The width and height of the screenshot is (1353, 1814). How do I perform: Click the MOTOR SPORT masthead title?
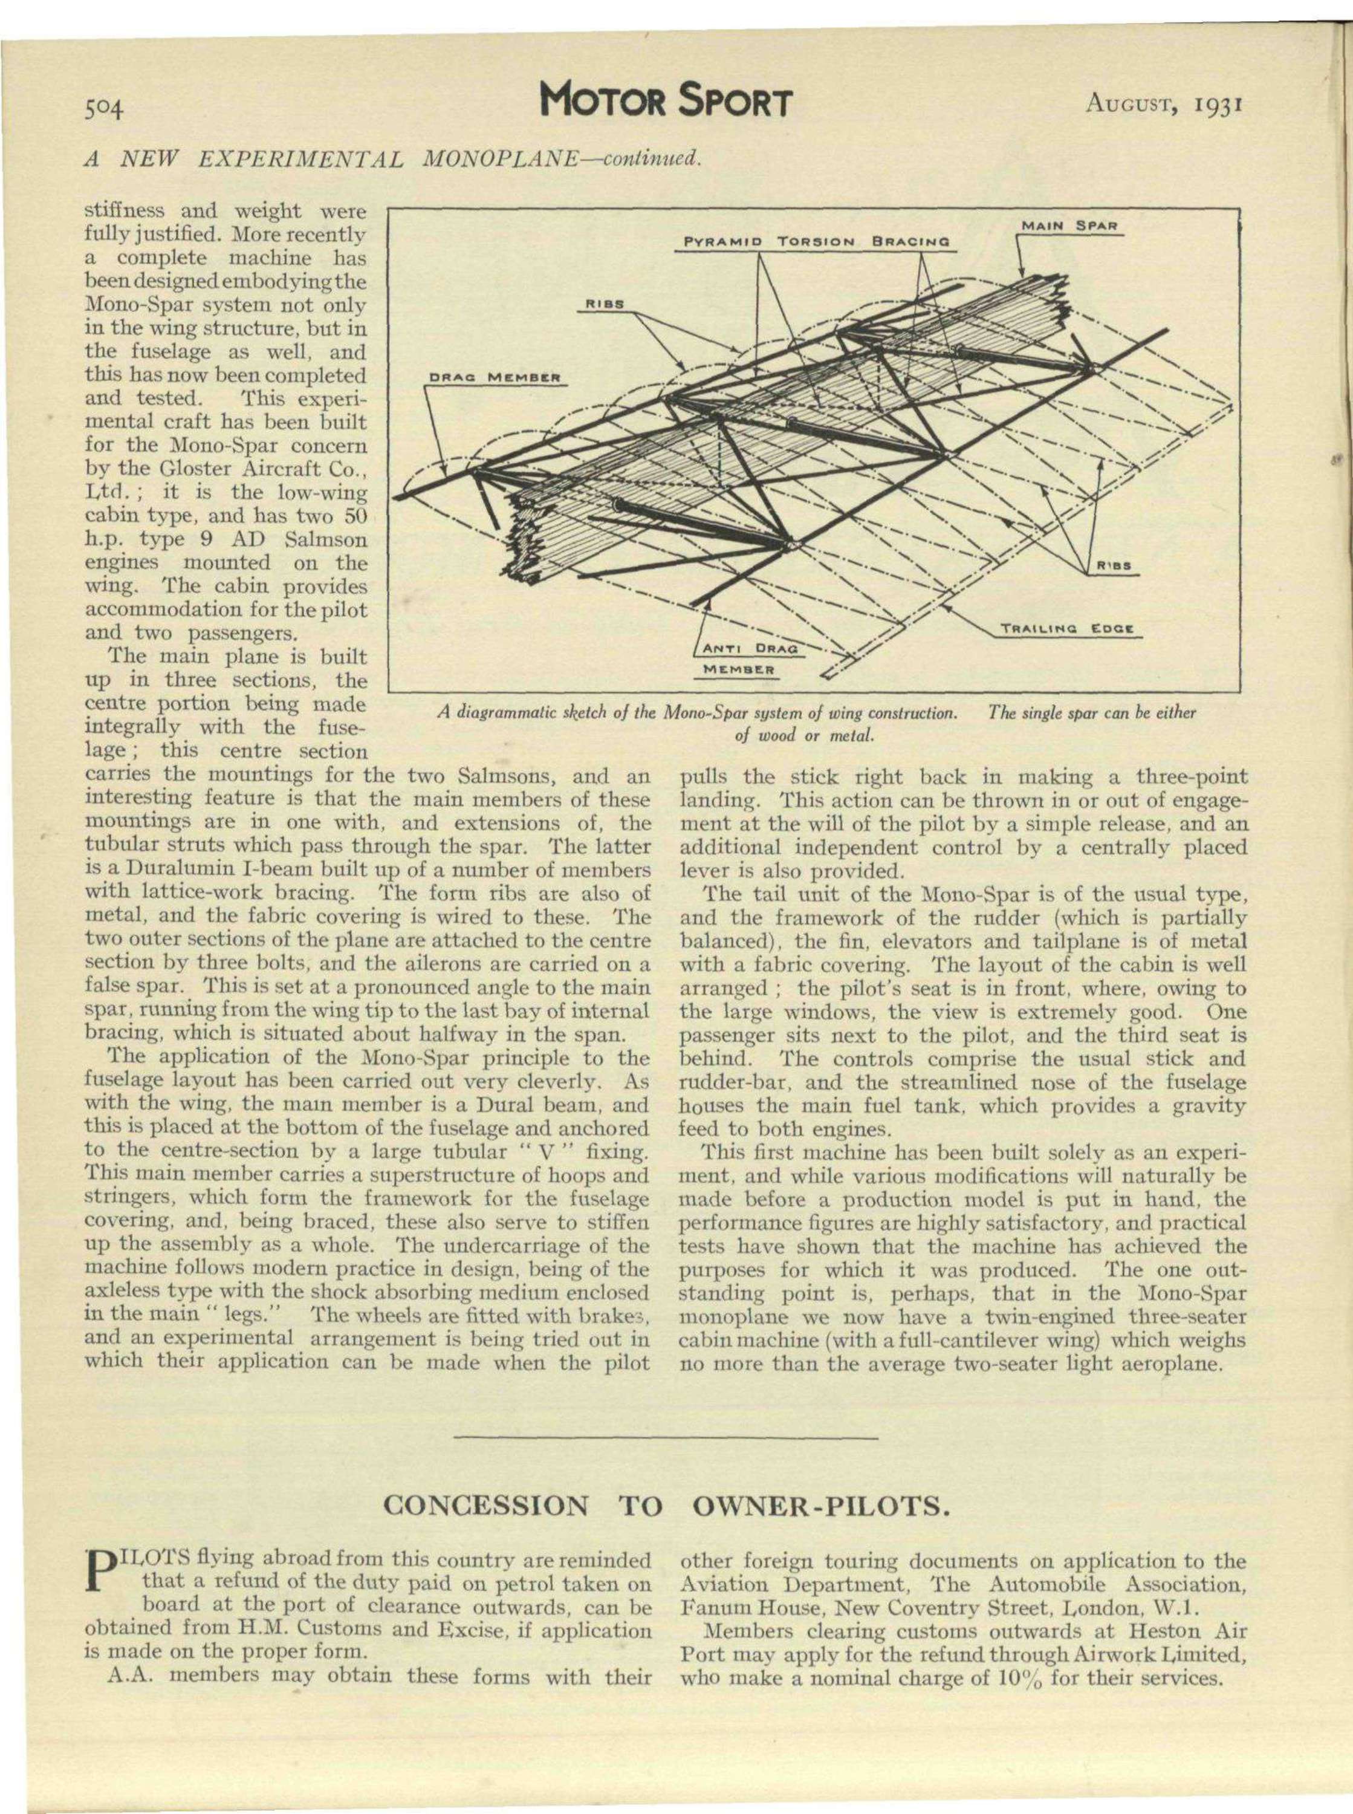[x=667, y=104]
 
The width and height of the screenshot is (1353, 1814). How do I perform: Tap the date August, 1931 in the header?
[x=1164, y=104]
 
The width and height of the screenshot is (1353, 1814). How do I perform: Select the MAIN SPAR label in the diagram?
[x=1069, y=225]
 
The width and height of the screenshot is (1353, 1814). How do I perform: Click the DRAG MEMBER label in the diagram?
[x=494, y=379]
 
